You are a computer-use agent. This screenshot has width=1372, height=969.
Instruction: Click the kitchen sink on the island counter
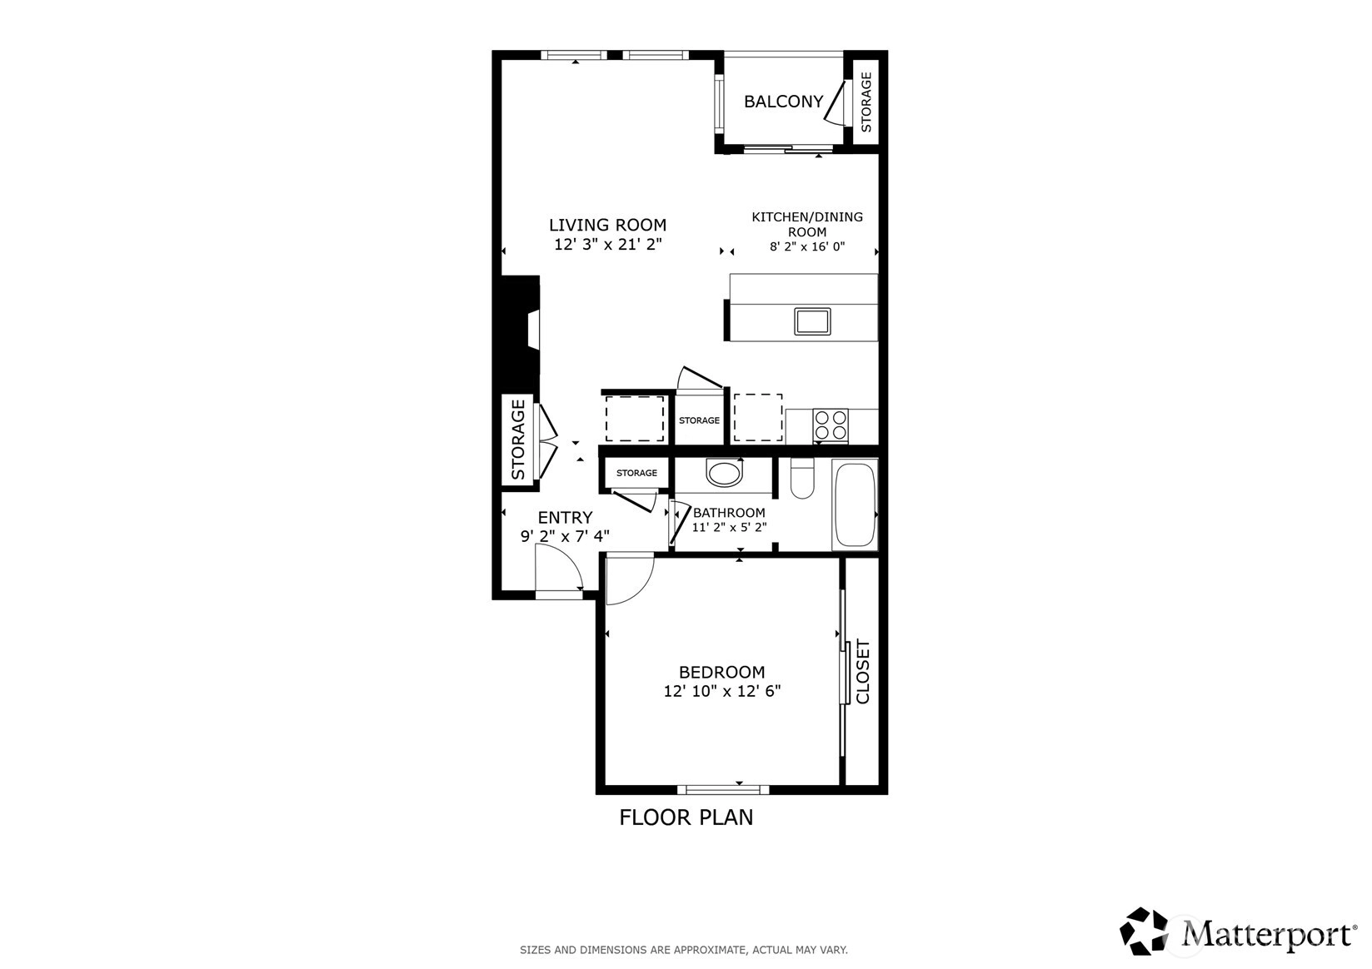[812, 321]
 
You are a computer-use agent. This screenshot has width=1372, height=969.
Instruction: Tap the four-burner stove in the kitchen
[831, 425]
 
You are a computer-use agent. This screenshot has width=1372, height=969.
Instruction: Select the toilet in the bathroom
[801, 478]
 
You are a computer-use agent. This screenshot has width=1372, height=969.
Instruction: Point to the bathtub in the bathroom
[855, 505]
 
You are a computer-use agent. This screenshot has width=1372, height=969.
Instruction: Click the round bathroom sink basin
[724, 472]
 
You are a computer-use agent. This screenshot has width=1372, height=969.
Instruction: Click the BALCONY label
[783, 102]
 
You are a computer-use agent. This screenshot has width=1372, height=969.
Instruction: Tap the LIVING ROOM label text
[607, 226]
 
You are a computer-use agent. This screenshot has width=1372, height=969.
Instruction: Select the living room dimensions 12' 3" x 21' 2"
[608, 244]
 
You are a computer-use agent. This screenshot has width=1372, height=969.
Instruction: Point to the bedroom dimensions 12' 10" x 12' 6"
[722, 691]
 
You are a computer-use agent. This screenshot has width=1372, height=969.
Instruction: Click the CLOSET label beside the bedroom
[862, 672]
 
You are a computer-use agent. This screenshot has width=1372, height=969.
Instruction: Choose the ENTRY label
[565, 518]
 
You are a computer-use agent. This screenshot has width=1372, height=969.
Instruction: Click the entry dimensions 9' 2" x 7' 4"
[565, 537]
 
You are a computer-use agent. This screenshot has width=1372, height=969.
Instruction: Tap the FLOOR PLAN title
[686, 817]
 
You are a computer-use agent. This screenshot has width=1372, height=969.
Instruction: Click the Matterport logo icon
[1144, 931]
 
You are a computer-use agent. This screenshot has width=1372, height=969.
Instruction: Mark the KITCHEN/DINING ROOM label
[807, 224]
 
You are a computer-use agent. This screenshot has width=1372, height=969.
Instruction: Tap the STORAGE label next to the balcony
[866, 102]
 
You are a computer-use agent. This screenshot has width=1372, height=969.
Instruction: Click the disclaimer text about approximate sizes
[684, 950]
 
